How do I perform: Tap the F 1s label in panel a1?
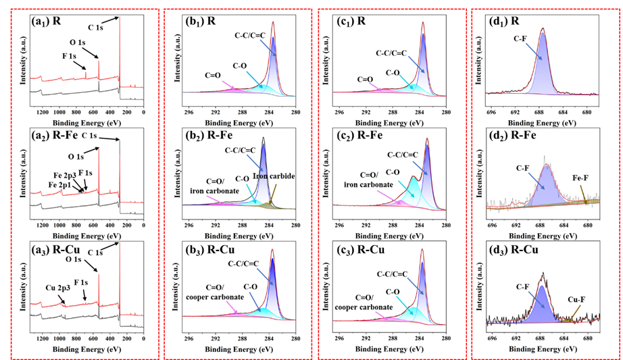(x=68, y=56)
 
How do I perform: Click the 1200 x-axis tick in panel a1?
(x=42, y=112)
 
